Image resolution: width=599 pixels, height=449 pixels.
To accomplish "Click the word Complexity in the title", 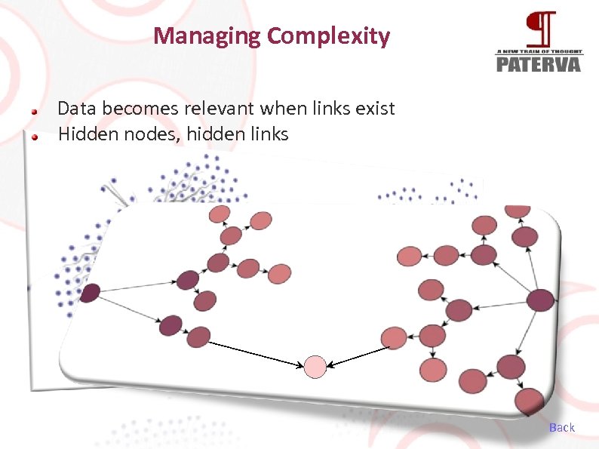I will point(329,36).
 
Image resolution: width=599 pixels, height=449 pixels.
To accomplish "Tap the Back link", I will point(562,427).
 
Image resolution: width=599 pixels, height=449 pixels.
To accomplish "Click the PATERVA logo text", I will point(539,63).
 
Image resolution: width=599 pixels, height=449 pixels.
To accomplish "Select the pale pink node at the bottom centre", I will point(315,367).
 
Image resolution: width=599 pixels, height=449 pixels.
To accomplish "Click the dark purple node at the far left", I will point(90,293).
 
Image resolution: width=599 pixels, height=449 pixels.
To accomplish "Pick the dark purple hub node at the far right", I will point(541,300).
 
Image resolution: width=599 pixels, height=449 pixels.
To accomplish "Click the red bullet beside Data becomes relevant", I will point(35,110).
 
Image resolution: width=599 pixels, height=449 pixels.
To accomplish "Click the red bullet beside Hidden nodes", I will point(35,137).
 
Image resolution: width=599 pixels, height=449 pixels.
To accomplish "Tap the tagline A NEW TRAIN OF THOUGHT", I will point(539,51).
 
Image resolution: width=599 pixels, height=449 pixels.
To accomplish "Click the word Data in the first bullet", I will point(74,109).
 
